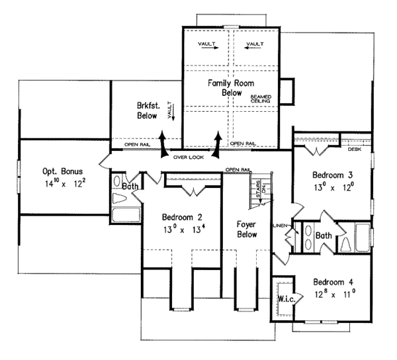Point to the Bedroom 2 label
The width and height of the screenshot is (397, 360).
(183, 217)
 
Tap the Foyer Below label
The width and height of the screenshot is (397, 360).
(246, 228)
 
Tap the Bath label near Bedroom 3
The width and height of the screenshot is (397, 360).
(324, 235)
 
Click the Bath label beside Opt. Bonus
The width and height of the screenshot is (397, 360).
(130, 187)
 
